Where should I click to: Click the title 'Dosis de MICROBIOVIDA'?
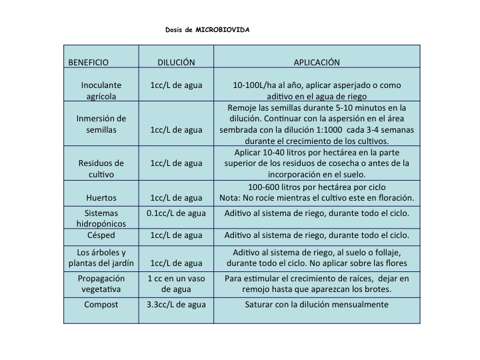pyautogui.click(x=207, y=30)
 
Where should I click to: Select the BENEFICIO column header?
pyautogui.click(x=88, y=63)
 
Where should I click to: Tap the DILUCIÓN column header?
pyautogui.click(x=176, y=63)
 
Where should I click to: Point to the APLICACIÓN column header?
pyautogui.click(x=317, y=63)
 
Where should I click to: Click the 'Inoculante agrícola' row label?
pyautogui.click(x=101, y=91)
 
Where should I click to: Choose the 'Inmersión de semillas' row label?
pyautogui.click(x=101, y=124)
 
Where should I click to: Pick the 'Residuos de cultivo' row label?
pyautogui.click(x=101, y=169)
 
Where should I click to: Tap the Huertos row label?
pyautogui.click(x=101, y=198)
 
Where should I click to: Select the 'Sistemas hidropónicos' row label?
pyautogui.click(x=101, y=219)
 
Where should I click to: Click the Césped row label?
pyautogui.click(x=101, y=235)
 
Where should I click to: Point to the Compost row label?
pyautogui.click(x=101, y=305)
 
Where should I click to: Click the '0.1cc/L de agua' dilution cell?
pyautogui.click(x=176, y=213)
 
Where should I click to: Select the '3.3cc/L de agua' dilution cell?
pyautogui.click(x=176, y=305)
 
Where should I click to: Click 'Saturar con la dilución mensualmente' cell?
pyautogui.click(x=317, y=305)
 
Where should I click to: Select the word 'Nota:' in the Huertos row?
pyautogui.click(x=231, y=198)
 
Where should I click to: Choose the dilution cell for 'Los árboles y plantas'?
pyautogui.click(x=176, y=263)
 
